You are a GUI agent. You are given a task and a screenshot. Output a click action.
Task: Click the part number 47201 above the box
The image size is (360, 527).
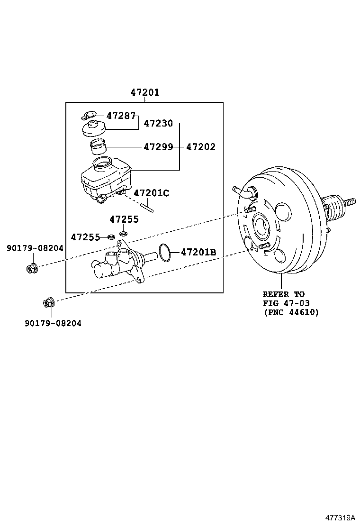click(145, 93)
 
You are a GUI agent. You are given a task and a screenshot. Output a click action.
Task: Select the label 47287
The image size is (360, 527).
click(121, 115)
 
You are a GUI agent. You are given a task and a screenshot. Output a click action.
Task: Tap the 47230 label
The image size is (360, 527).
click(158, 123)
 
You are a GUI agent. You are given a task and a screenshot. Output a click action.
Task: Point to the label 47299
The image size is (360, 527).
click(158, 147)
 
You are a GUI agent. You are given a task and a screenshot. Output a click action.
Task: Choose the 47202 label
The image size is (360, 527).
click(200, 147)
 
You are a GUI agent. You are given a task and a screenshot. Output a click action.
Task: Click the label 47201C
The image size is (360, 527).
click(151, 193)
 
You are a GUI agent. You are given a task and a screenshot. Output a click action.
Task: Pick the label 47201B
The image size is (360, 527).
click(198, 252)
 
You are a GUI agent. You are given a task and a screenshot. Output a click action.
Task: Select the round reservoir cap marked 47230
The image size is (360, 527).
click(93, 129)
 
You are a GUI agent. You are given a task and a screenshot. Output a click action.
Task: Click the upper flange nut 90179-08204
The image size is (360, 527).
click(32, 268)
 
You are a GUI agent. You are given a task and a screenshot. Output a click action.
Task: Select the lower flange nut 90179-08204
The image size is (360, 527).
click(49, 302)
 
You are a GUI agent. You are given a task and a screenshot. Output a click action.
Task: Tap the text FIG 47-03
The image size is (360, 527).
click(286, 303)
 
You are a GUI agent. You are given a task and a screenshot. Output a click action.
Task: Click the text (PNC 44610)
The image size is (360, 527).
click(291, 312)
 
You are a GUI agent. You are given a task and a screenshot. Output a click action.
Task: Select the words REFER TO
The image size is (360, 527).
click(284, 294)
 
